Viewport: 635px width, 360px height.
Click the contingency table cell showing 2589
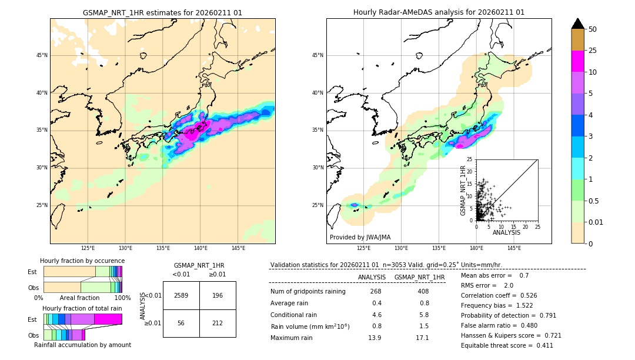pos(181,295)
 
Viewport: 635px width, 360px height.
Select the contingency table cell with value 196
pos(218,295)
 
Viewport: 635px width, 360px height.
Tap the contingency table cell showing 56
pos(181,323)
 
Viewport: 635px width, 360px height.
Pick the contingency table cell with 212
pos(218,323)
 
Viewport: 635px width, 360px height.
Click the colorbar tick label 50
pos(593,29)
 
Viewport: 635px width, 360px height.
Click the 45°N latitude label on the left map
pos(42,55)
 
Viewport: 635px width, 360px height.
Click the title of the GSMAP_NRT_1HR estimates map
pos(162,12)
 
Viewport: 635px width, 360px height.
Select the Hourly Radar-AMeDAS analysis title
pos(439,12)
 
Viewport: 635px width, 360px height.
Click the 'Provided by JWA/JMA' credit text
pos(360,237)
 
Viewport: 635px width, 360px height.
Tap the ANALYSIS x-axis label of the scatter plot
pos(506,232)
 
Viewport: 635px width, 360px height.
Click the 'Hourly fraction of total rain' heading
pos(82,308)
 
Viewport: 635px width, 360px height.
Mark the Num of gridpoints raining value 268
pos(376,291)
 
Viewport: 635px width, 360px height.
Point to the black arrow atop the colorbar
pos(578,24)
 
